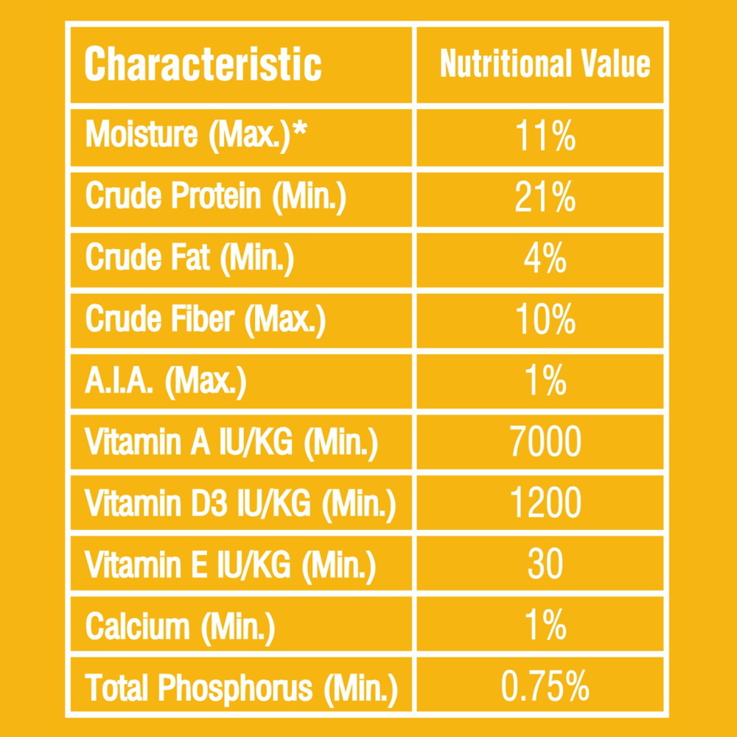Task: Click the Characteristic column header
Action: (x=203, y=65)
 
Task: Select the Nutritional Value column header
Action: (x=545, y=64)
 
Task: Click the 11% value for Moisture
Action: (x=545, y=137)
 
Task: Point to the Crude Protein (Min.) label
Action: (x=215, y=197)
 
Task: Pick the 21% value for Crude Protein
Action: (x=545, y=198)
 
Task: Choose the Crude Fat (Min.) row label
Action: (x=189, y=258)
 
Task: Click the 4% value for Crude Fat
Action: (x=545, y=259)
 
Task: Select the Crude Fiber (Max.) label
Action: (x=206, y=319)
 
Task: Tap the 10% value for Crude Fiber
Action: (x=545, y=321)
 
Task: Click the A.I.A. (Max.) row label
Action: (x=166, y=381)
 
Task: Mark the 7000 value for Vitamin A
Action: (x=545, y=443)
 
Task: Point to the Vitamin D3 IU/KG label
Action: (x=240, y=504)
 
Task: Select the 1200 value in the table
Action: (x=545, y=504)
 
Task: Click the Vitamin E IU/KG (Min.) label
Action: (x=231, y=565)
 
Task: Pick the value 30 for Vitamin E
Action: (x=545, y=565)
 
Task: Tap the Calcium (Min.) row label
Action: (x=180, y=626)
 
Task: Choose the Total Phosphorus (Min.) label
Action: (x=241, y=688)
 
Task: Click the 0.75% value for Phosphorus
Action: (x=545, y=687)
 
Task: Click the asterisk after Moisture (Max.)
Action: (x=299, y=130)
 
